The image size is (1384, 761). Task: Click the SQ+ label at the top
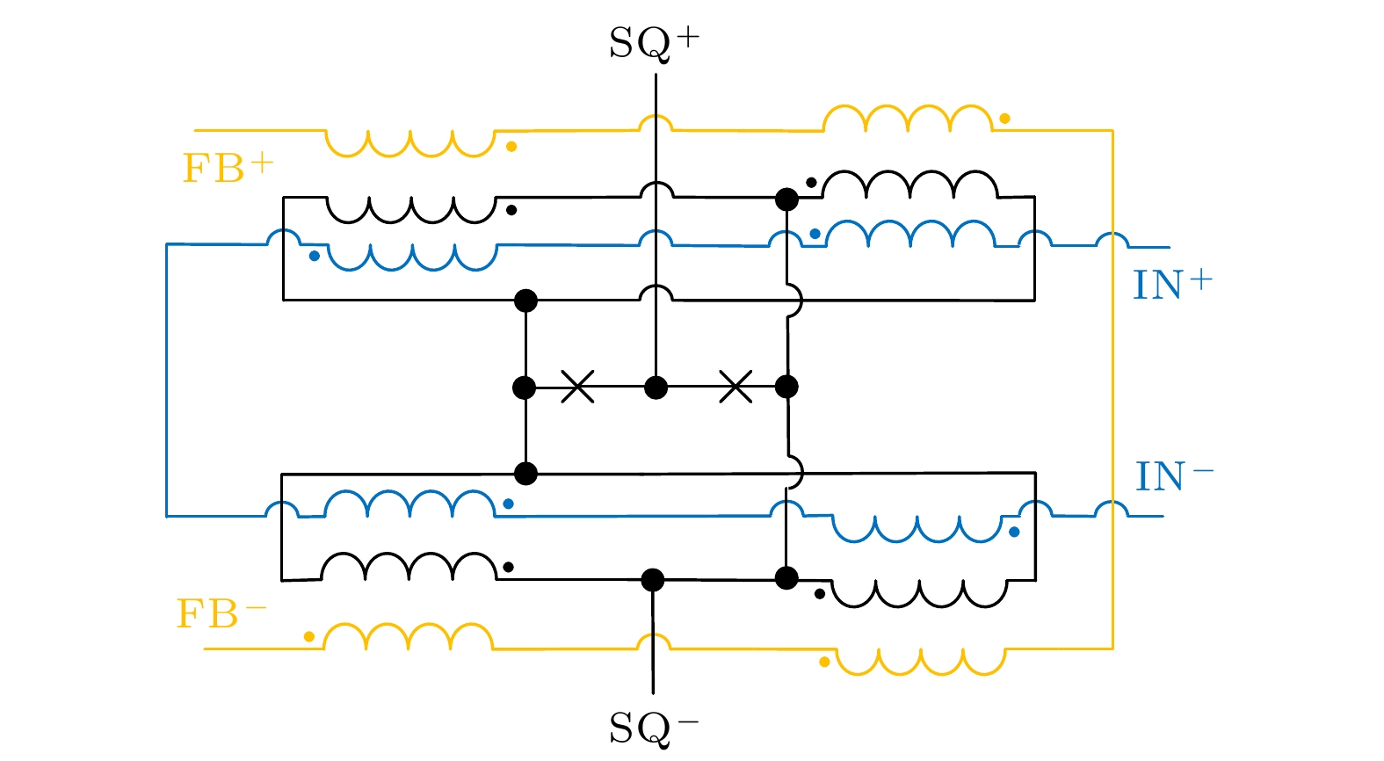coord(654,42)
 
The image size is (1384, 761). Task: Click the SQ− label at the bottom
coord(654,728)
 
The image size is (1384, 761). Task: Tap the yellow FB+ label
coord(228,167)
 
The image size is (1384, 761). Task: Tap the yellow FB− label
coord(221,613)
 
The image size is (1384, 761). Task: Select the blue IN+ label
coord(1172,285)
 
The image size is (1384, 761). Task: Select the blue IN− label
coord(1174,477)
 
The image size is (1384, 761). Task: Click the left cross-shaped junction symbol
coord(577,387)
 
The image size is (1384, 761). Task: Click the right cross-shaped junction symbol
coord(735,387)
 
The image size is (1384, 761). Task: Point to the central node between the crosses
coord(656,387)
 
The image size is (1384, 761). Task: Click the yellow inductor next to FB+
coord(410,142)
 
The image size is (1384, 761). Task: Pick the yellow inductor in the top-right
coord(908,120)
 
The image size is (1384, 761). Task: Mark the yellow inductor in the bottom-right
coord(920,661)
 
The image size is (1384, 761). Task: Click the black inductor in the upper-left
coord(410,209)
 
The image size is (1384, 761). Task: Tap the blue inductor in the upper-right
coord(910,234)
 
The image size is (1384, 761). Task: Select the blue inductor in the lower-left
coord(409,504)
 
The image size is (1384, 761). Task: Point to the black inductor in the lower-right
coord(920,593)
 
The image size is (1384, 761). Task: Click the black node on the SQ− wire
coord(652,579)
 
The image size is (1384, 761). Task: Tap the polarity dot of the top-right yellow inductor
coord(1004,118)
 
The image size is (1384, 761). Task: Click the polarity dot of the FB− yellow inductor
coord(309,636)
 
